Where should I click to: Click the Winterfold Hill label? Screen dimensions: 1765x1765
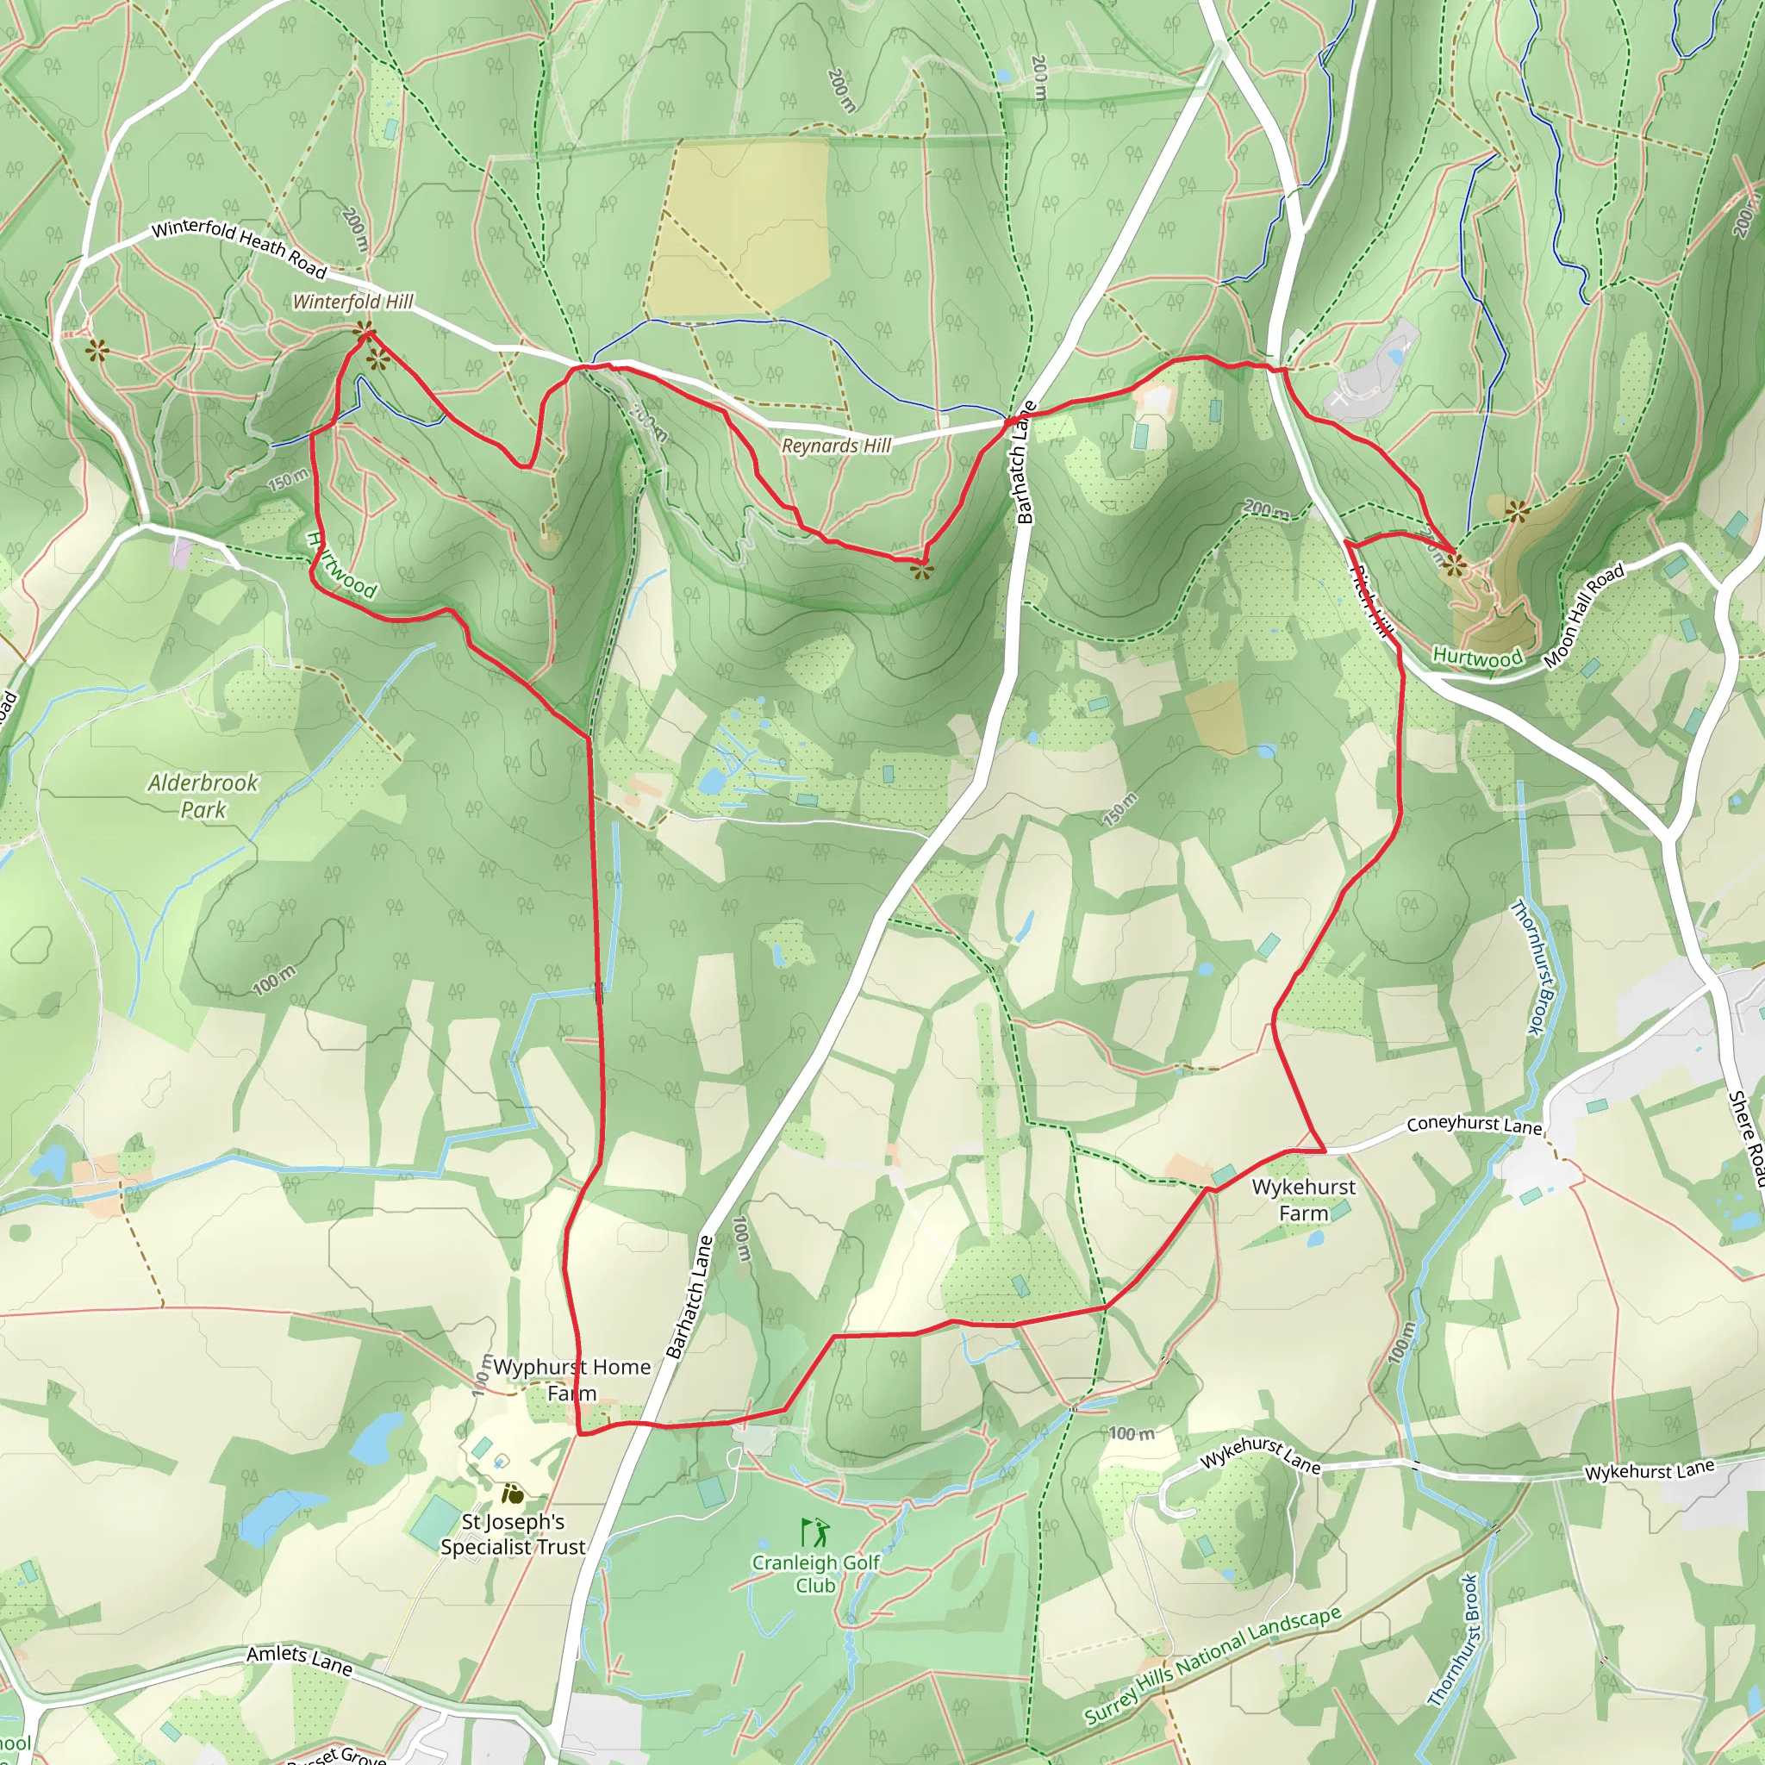click(352, 302)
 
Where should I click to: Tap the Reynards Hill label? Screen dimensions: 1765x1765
click(836, 446)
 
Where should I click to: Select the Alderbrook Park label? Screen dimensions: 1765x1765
click(203, 795)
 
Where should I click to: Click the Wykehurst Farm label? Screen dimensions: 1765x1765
click(1304, 1200)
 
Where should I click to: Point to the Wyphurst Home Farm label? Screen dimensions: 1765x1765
click(572, 1380)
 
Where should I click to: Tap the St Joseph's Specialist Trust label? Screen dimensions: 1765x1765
click(513, 1534)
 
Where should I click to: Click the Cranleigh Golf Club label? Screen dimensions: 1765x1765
click(816, 1574)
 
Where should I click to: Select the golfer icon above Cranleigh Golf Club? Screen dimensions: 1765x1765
click(815, 1532)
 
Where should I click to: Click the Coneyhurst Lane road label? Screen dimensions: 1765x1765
click(1474, 1125)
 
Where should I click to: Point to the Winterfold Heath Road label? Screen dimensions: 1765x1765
click(239, 248)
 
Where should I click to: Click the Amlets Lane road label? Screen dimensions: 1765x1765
click(300, 1659)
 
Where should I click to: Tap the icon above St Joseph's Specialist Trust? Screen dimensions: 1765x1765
click(513, 1494)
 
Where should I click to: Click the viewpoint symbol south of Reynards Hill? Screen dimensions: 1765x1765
click(922, 571)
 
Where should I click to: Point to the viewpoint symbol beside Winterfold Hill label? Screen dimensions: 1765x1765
click(365, 330)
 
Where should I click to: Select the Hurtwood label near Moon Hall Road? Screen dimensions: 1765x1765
click(1477, 657)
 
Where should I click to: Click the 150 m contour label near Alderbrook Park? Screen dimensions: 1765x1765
click(288, 478)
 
